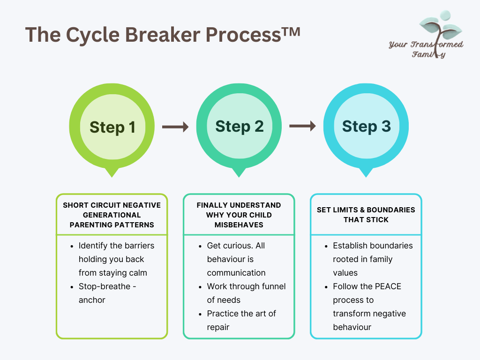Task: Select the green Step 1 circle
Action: (112, 127)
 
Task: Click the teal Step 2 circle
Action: (239, 126)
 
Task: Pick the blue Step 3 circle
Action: (366, 126)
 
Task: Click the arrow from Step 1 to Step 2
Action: (175, 127)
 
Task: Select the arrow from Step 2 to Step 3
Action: (302, 126)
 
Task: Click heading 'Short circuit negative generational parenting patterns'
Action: (112, 215)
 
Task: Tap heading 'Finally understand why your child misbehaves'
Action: (239, 215)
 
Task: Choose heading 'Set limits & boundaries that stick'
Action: (366, 215)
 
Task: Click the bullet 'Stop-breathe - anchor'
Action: (107, 293)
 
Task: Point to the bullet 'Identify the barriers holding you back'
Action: (116, 259)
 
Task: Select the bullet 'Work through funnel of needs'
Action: (246, 293)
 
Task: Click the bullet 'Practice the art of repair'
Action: (241, 320)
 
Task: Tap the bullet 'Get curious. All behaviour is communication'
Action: (236, 259)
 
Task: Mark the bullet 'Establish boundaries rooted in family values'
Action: (373, 259)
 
